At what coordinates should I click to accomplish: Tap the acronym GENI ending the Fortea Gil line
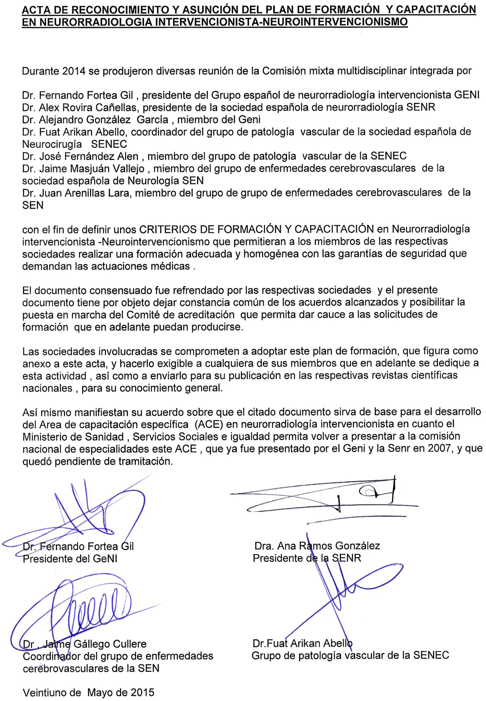click(x=467, y=95)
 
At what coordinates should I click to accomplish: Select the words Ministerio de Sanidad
click(x=73, y=437)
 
